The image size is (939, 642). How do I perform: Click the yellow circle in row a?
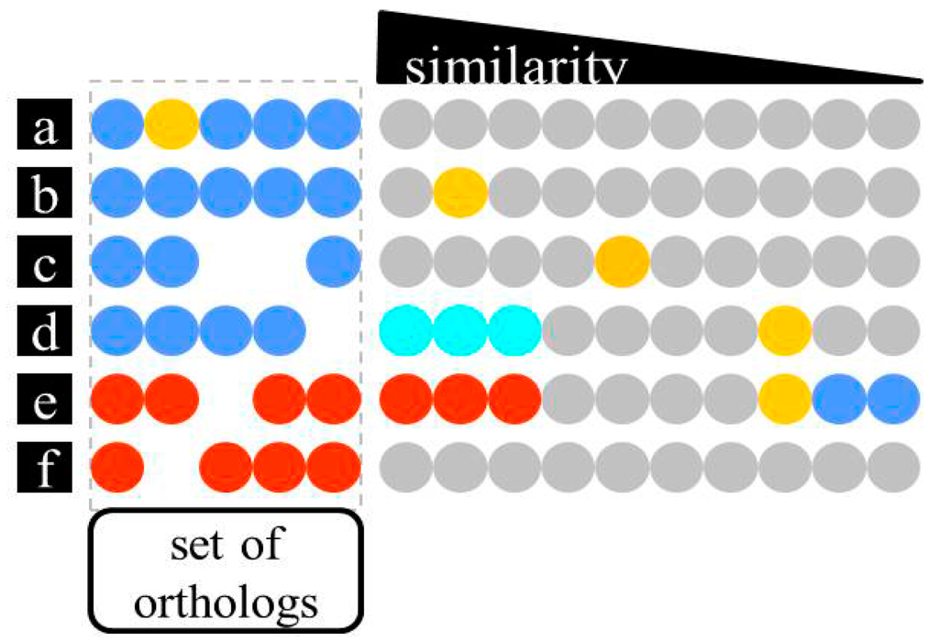point(171,125)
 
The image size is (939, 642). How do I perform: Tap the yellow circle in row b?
point(460,194)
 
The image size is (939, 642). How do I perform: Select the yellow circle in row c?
point(623,262)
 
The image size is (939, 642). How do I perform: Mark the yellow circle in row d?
point(785,331)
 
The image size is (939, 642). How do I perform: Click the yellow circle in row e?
point(785,399)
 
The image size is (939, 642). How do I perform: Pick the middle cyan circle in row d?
point(460,331)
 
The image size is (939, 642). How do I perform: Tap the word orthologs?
point(226,603)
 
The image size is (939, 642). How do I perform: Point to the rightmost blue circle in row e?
point(893,399)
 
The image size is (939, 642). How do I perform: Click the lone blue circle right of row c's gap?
point(334,262)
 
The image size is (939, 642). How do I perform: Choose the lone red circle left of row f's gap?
point(117,468)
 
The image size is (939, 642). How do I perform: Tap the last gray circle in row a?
point(893,125)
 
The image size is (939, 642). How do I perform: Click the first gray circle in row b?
point(406,194)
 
